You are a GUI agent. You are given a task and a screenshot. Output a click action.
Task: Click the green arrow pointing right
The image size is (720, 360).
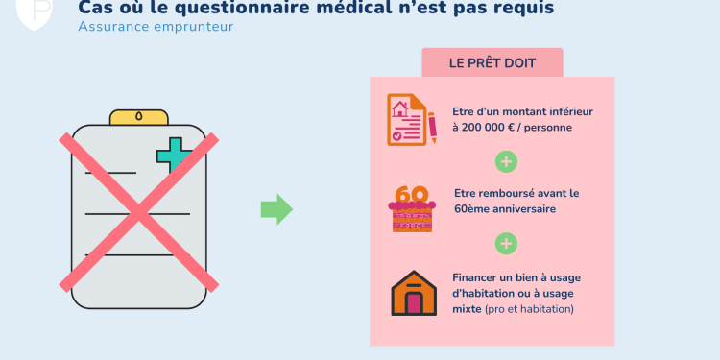tap(276, 208)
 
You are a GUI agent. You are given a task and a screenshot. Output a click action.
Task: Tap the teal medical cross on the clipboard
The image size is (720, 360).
tap(175, 156)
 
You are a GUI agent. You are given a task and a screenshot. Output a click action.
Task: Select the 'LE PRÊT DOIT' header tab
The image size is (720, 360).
tap(492, 63)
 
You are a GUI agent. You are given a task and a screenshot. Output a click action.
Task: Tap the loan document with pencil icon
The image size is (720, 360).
tap(411, 119)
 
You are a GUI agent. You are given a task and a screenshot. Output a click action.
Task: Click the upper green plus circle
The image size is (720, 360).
tap(505, 159)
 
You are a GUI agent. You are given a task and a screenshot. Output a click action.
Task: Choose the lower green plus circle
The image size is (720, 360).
tap(505, 243)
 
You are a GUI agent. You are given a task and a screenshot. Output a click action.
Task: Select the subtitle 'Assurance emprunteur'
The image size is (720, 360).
tap(156, 26)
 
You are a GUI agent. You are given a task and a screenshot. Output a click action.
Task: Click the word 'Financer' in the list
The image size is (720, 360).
tap(478, 277)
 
